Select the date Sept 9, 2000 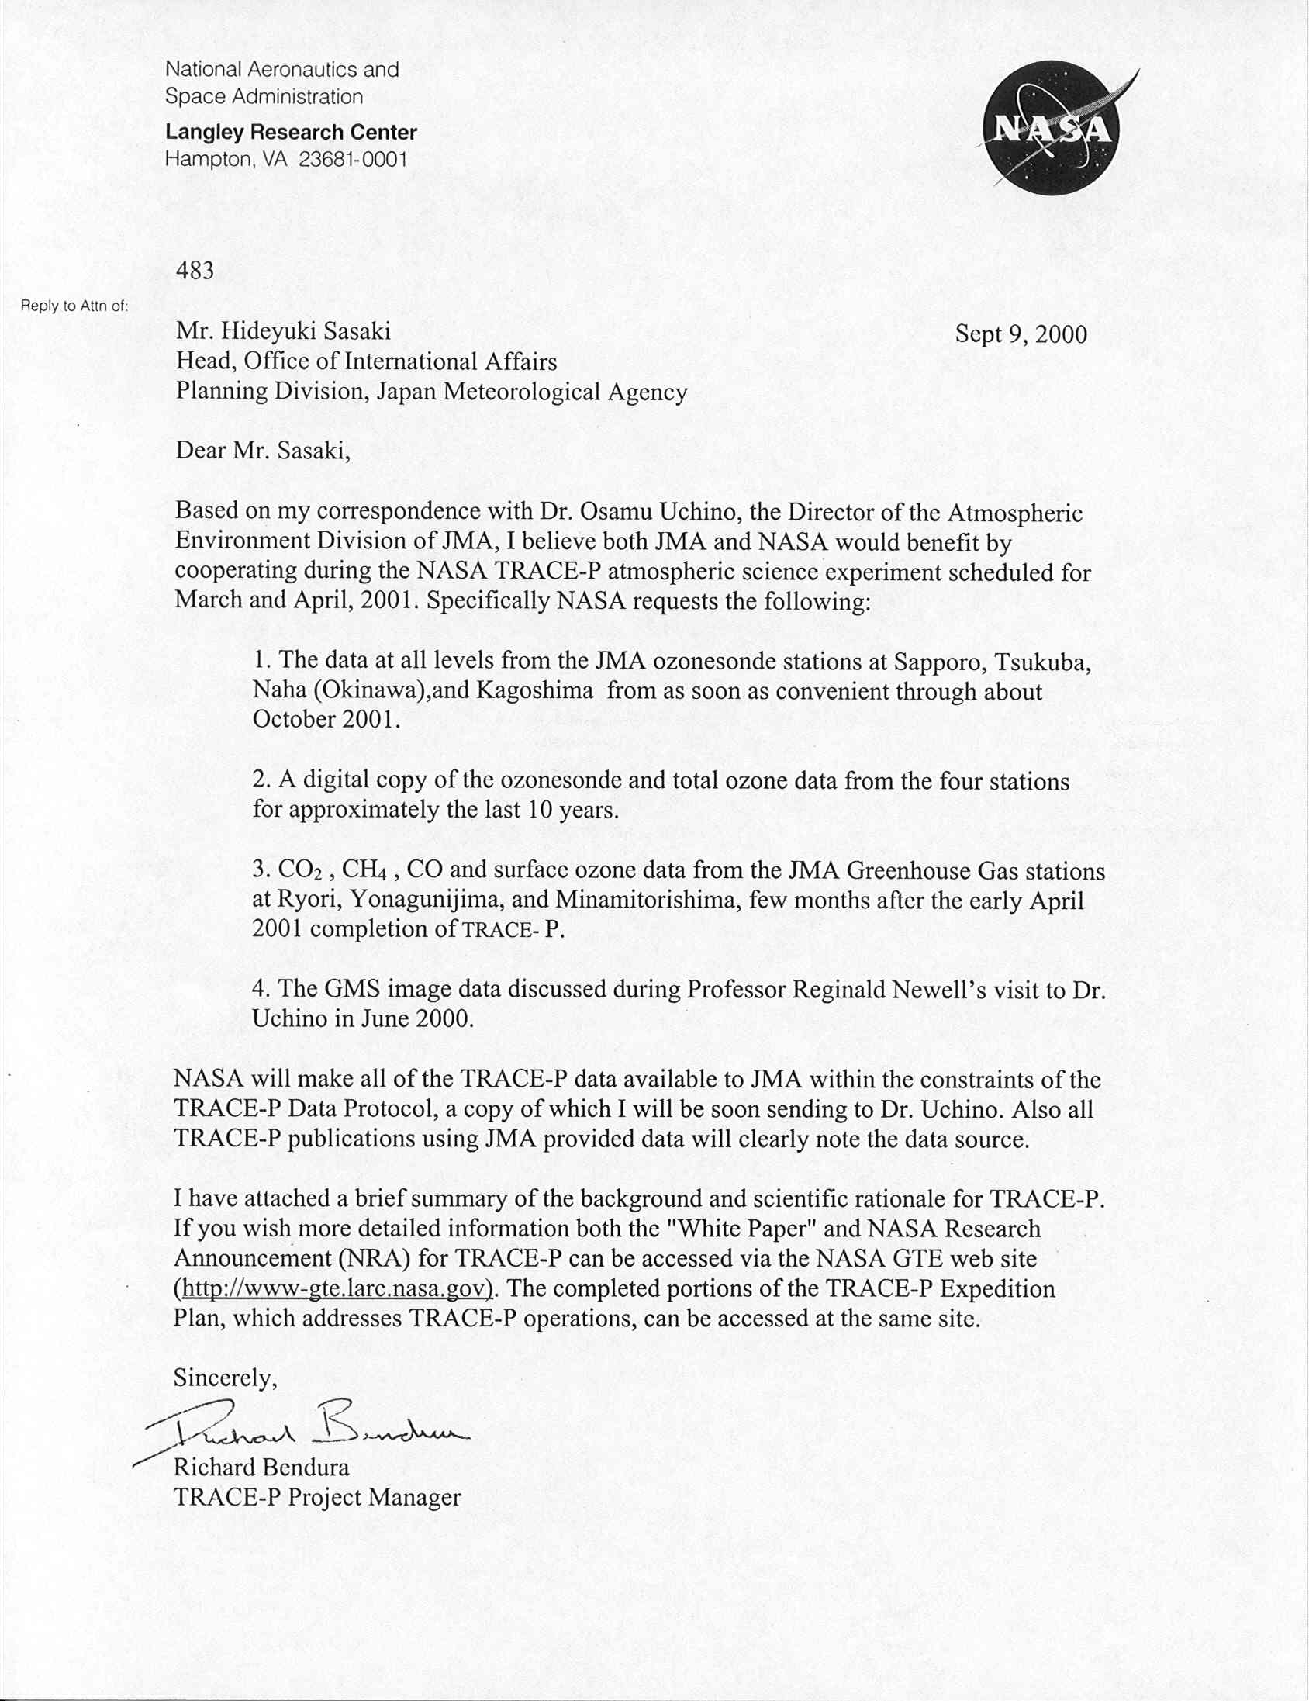[1020, 334]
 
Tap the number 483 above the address [195, 270]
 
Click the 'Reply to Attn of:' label [74, 306]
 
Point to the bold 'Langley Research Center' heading [291, 133]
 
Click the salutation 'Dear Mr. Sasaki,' [262, 451]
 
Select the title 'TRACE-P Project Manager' [317, 1497]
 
